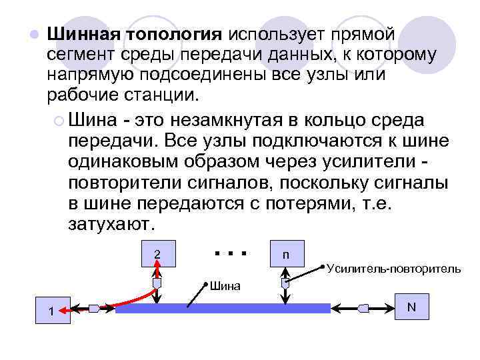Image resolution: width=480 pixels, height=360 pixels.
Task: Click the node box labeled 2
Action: pyautogui.click(x=157, y=254)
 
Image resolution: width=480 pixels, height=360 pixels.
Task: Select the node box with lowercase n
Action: pyautogui.click(x=285, y=254)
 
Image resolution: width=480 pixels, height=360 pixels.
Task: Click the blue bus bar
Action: pyautogui.click(x=223, y=308)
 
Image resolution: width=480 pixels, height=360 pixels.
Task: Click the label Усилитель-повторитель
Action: pyautogui.click(x=393, y=269)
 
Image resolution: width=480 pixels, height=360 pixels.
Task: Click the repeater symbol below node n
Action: pyautogui.click(x=285, y=283)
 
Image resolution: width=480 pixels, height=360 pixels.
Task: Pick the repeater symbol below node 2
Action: pyautogui.click(x=157, y=283)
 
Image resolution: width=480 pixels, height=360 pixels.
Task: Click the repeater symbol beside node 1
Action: pyautogui.click(x=94, y=308)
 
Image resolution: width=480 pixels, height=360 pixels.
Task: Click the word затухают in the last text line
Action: pyautogui.click(x=111, y=223)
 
